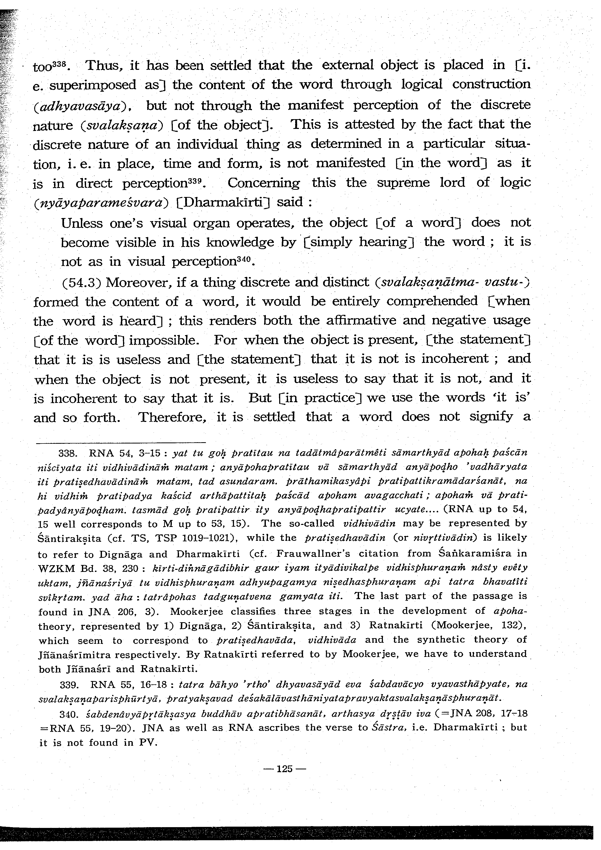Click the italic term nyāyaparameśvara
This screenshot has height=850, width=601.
[101, 203]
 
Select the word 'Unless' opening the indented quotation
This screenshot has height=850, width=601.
[81, 223]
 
